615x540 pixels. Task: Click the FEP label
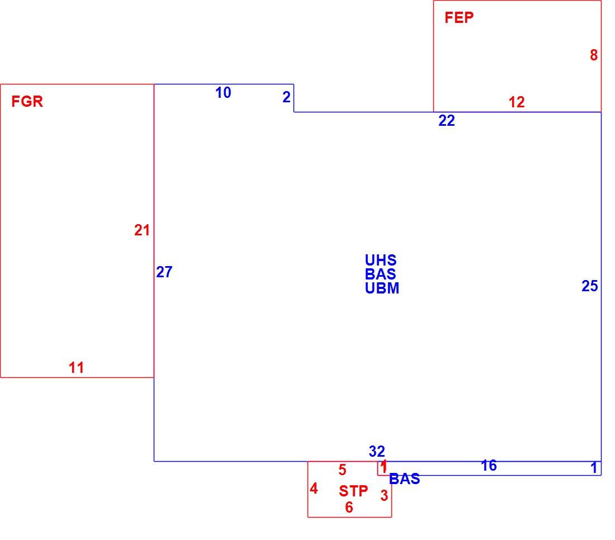coord(459,18)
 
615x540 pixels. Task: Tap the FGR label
coord(27,102)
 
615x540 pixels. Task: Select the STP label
coord(353,491)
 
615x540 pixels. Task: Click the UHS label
coord(380,260)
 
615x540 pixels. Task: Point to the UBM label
coord(382,288)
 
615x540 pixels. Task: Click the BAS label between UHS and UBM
coord(380,274)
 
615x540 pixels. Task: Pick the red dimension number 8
coord(594,55)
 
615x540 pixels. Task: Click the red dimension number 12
coord(517,102)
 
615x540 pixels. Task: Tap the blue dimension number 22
coord(447,121)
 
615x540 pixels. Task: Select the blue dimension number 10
coord(223,93)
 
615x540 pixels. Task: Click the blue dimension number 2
coord(287,97)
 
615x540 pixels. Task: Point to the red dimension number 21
coord(142,230)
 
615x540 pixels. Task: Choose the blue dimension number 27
coord(164,272)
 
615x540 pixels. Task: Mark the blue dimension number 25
coord(590,286)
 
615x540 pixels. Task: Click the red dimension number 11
coord(76,368)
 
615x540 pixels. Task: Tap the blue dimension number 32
coord(377,451)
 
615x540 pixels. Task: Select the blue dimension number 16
coord(489,466)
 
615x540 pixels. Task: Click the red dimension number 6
coord(349,508)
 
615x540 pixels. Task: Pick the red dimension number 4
coord(314,489)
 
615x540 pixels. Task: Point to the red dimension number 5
coord(342,470)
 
